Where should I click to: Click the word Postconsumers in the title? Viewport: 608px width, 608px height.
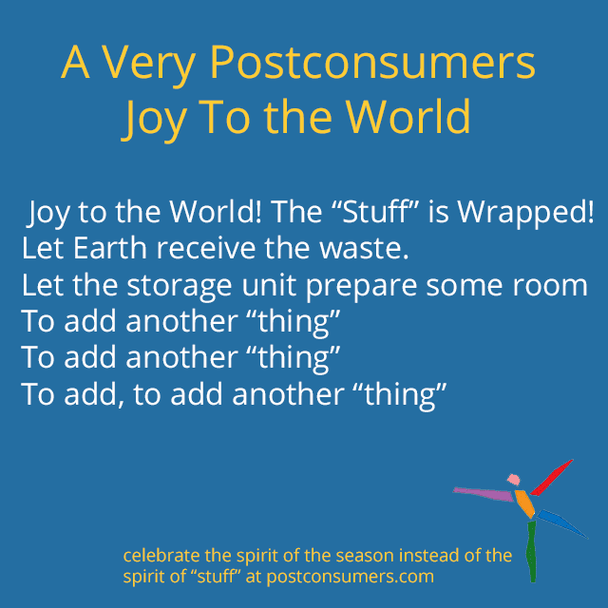click(372, 63)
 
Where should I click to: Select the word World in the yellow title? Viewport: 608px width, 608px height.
click(408, 117)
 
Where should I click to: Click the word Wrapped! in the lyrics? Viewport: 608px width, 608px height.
click(525, 214)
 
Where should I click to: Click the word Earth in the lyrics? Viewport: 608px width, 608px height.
click(110, 248)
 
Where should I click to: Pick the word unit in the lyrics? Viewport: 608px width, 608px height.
click(269, 285)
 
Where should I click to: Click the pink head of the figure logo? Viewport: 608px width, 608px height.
click(514, 480)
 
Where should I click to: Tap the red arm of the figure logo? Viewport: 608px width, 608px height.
click(552, 478)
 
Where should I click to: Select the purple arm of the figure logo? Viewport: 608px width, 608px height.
click(484, 494)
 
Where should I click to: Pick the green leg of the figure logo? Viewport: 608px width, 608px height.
click(532, 551)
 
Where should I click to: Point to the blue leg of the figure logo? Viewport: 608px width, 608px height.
click(562, 523)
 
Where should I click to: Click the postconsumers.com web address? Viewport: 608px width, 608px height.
click(351, 577)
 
